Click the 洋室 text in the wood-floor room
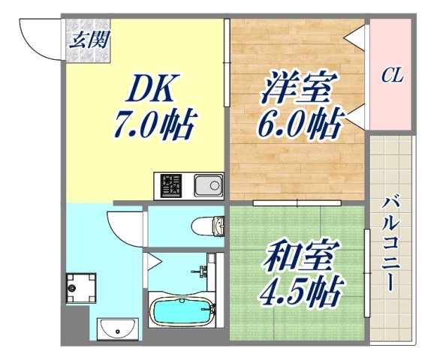click(x=297, y=88)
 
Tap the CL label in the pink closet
click(x=392, y=75)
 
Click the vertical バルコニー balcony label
click(x=390, y=244)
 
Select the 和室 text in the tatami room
click(x=297, y=255)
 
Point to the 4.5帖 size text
click(x=300, y=287)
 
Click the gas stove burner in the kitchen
click(x=170, y=184)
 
